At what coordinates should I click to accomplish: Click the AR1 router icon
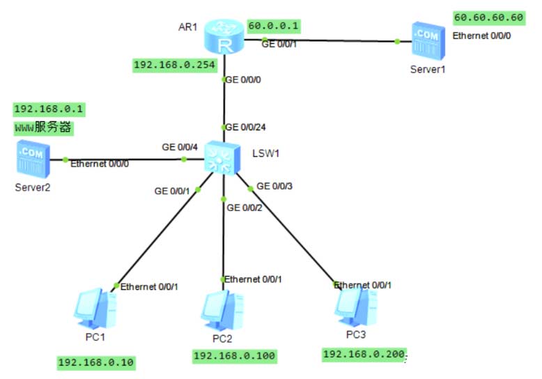[x=224, y=38]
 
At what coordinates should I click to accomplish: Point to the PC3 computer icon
[x=355, y=305]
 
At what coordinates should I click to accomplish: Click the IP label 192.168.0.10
[x=96, y=362]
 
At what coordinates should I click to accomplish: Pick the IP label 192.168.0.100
[x=234, y=356]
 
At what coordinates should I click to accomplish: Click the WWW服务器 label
[x=44, y=128]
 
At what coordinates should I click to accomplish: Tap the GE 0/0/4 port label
[x=180, y=147]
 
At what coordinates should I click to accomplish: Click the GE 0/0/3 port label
[x=274, y=186]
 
